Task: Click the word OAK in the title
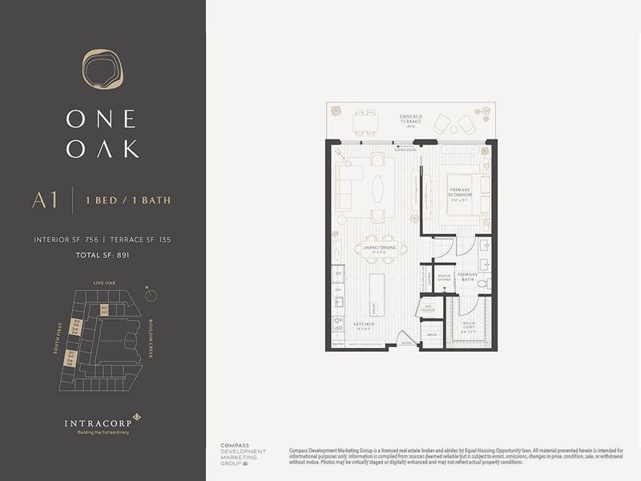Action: click(x=103, y=149)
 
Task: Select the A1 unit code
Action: click(x=45, y=200)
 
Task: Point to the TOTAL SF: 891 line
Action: click(x=102, y=255)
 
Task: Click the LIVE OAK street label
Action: click(x=105, y=283)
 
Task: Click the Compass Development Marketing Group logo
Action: click(x=240, y=455)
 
